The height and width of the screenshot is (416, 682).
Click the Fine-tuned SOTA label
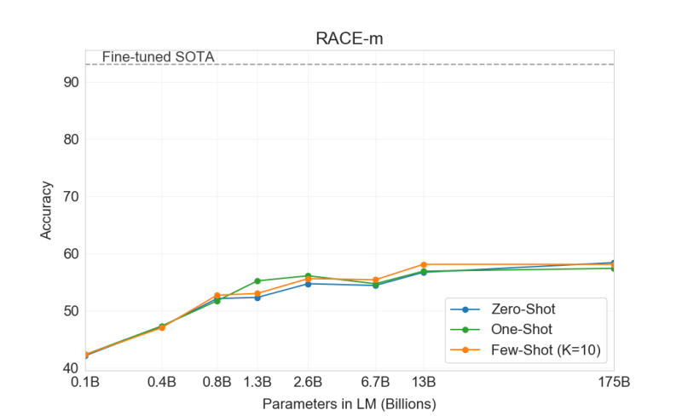[158, 58]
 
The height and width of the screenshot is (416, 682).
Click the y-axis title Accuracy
[46, 210]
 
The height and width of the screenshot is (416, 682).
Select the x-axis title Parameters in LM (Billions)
[349, 402]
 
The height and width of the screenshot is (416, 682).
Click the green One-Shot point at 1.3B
[257, 280]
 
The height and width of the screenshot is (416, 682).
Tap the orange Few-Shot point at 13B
[424, 264]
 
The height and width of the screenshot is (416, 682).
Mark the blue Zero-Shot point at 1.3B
[257, 297]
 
